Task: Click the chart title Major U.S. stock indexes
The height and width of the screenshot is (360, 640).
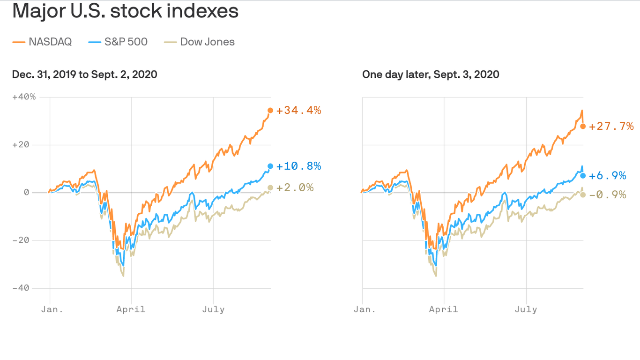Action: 125,11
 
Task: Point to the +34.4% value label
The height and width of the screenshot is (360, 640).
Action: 298,111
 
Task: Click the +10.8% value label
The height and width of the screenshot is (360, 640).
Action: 298,166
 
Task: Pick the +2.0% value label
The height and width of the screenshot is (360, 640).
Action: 295,187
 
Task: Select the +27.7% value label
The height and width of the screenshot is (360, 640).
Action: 611,126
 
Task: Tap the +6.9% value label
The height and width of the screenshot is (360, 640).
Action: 607,176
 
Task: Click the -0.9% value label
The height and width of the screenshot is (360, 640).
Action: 607,195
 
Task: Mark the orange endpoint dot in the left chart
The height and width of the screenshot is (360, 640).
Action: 270,111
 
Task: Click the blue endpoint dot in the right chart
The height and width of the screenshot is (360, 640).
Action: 583,176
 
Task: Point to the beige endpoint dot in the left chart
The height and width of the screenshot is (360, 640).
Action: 270,187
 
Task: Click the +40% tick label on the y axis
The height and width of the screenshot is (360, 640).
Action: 24,97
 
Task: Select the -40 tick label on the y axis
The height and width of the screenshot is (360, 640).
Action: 21,288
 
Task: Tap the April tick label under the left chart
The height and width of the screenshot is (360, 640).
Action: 131,309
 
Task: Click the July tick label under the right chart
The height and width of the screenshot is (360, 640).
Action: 526,309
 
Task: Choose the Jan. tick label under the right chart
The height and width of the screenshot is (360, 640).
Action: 365,309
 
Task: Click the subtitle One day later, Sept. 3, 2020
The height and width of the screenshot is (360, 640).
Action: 431,74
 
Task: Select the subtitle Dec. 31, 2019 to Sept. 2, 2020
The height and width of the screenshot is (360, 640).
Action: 84,74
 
